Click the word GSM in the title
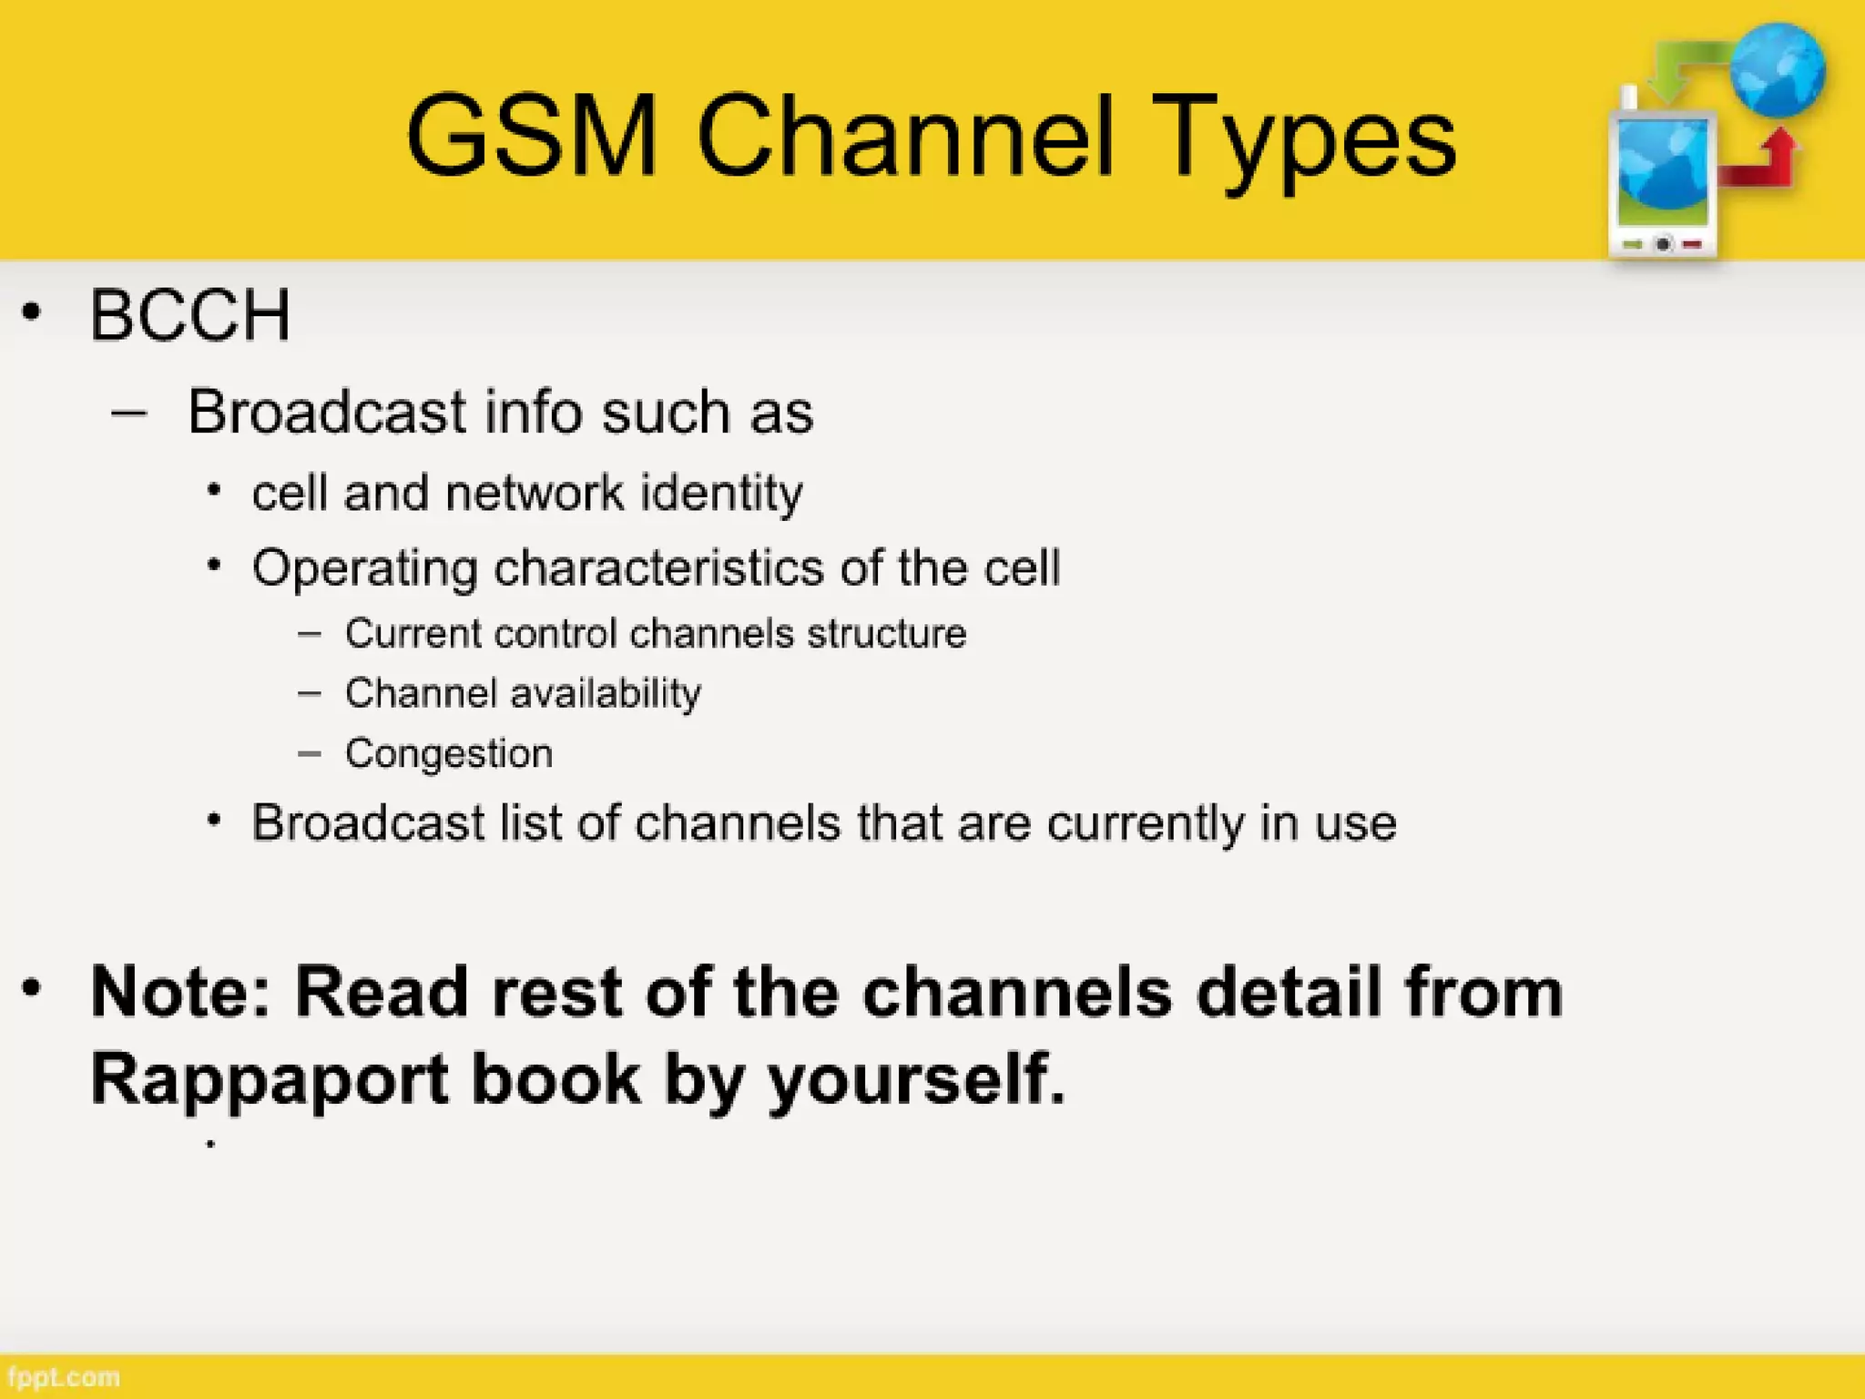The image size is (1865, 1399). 531,137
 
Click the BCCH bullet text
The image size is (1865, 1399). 190,315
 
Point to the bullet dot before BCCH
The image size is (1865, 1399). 32,312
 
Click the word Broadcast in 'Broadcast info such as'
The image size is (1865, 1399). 327,412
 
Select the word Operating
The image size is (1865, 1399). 364,569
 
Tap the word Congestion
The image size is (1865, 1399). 449,754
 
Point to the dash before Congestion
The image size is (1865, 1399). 310,753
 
